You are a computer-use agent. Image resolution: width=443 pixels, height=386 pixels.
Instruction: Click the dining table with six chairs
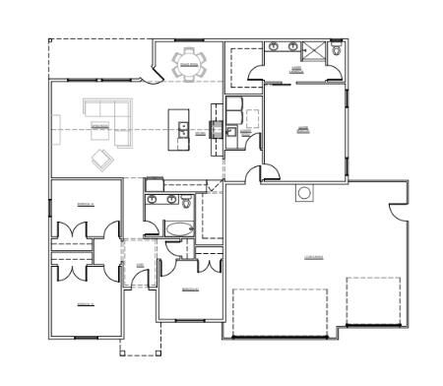coord(190,64)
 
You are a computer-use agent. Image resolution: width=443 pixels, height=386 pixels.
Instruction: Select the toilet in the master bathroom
coord(337,48)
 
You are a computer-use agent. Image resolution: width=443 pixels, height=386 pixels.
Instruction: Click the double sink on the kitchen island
coord(182,127)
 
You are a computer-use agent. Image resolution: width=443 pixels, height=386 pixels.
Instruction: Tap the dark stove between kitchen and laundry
coord(217,126)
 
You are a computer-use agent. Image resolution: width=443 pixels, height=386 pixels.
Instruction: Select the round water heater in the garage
coord(303,193)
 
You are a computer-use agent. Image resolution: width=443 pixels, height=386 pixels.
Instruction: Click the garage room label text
coord(315,258)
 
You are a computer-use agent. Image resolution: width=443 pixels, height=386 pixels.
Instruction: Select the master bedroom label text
coord(303,127)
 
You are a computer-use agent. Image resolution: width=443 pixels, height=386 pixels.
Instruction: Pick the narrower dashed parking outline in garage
coord(373,300)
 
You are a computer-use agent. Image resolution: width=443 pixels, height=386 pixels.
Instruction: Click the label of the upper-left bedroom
coord(87,204)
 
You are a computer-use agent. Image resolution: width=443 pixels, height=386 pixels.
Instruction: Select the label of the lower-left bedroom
coord(86,304)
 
